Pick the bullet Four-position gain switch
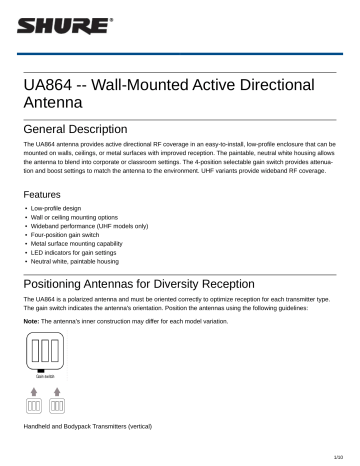[x=69, y=238]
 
